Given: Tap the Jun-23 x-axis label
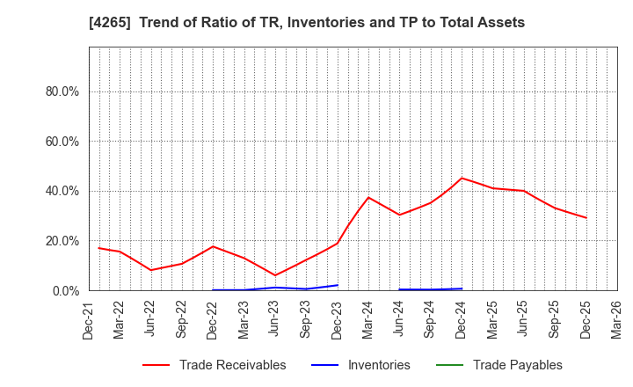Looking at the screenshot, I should click(x=275, y=319).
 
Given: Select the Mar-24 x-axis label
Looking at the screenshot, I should click(x=368, y=319).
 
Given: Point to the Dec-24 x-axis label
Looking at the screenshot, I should click(x=462, y=319).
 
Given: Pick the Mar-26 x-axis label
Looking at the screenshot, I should click(x=616, y=319).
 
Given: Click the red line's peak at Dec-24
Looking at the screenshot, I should click(x=462, y=179).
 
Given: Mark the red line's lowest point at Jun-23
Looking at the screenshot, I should click(x=275, y=275).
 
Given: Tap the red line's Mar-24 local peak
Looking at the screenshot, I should click(x=368, y=197).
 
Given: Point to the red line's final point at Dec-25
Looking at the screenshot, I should click(x=586, y=218).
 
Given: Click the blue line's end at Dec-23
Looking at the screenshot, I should click(x=338, y=285).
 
